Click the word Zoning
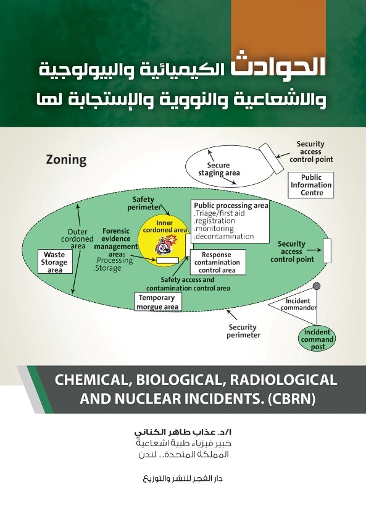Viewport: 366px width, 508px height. point(66,160)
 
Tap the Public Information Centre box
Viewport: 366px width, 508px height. point(310,185)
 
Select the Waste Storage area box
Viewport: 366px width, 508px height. point(55,261)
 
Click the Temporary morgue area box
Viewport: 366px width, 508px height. point(158,302)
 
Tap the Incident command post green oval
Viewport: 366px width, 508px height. point(317,339)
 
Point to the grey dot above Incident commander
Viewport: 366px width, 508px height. point(317,286)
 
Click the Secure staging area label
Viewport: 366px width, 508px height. point(219,169)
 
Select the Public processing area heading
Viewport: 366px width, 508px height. point(231,205)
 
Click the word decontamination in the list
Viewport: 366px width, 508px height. point(224,236)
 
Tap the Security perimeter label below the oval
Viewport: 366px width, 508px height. point(243,331)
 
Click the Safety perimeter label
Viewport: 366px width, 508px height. point(144,203)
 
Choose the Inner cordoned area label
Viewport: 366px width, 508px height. point(165,226)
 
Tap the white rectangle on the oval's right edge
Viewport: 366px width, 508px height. point(327,251)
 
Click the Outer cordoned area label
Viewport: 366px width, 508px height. point(77,239)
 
